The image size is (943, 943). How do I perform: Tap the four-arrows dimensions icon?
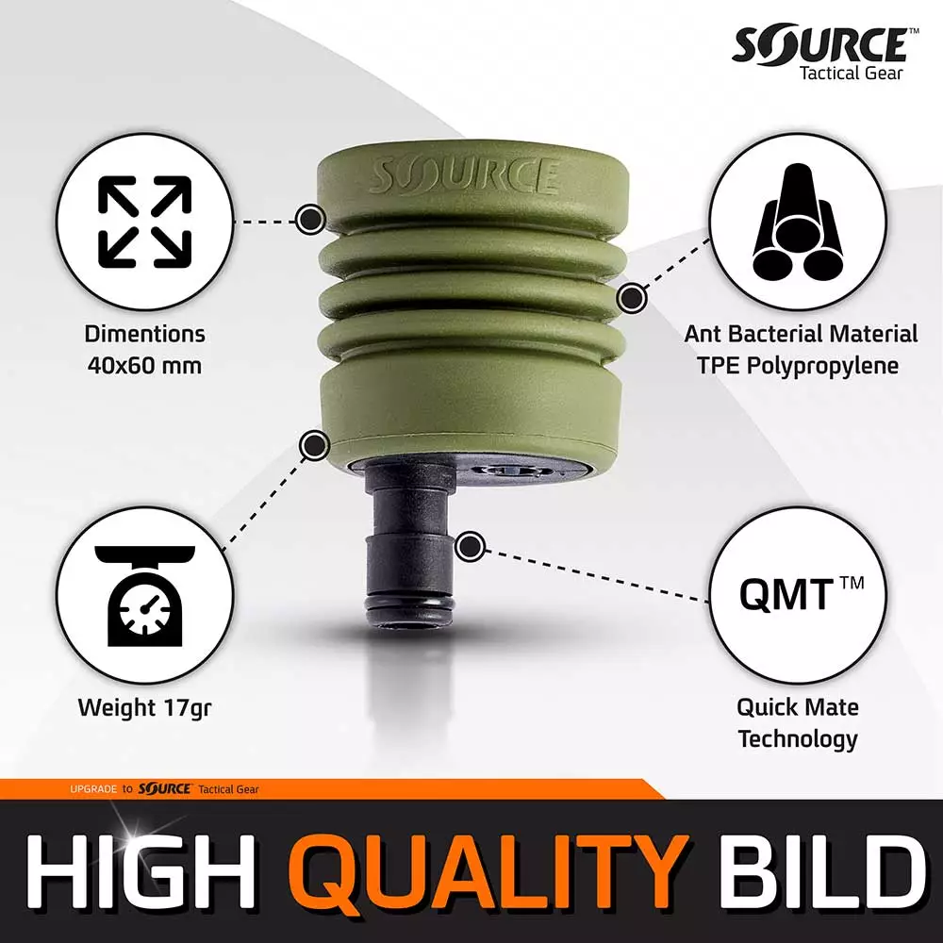coord(145,222)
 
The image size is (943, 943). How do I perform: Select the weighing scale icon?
coord(145,596)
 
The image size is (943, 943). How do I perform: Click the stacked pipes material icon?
coord(797,221)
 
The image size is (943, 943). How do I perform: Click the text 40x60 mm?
coord(144,365)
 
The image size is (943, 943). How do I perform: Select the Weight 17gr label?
coord(144,707)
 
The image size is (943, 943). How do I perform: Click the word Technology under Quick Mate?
coord(798,739)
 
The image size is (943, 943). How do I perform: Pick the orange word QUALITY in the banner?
coord(488,870)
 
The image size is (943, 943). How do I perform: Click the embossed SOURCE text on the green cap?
coord(463,176)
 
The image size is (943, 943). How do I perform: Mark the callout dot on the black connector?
coord(471,547)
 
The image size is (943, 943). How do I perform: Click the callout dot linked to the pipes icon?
coord(632,298)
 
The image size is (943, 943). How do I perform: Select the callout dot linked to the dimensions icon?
coord(310,218)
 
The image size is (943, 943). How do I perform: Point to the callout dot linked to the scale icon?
coord(314,446)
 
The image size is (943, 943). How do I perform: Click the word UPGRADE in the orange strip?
coord(93,789)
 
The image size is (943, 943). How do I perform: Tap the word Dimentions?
coord(144,334)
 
